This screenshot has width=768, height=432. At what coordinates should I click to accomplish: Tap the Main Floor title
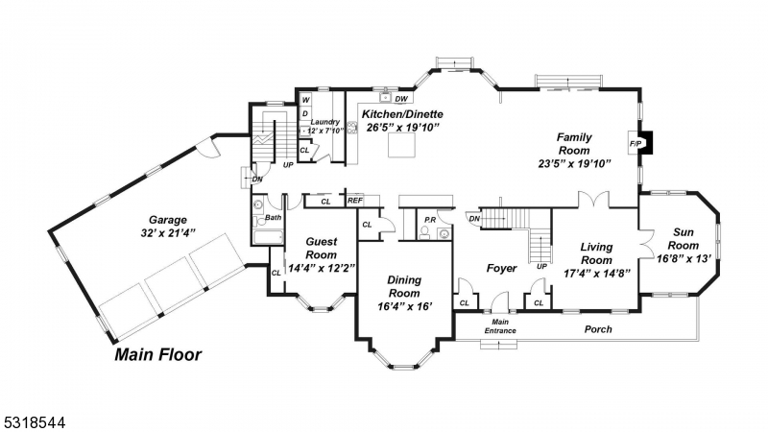point(158,355)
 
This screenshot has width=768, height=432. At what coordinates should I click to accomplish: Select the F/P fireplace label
point(635,144)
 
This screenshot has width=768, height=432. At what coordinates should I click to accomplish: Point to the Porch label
point(598,329)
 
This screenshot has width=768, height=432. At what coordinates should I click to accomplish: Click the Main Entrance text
point(500,326)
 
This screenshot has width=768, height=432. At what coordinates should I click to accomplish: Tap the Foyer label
point(500,268)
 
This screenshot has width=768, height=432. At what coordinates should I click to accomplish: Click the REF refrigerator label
point(354,201)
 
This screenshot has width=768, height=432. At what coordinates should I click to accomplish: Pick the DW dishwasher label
point(401,99)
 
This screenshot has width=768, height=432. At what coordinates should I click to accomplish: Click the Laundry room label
point(325,122)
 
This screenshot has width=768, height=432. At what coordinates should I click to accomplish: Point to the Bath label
point(274,218)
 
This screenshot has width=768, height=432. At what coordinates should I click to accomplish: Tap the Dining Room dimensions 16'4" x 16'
point(404,306)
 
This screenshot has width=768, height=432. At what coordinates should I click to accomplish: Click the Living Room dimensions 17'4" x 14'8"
point(596,273)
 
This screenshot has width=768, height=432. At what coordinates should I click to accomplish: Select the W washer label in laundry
point(305,100)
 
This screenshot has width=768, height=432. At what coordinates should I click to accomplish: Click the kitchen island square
point(401,145)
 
